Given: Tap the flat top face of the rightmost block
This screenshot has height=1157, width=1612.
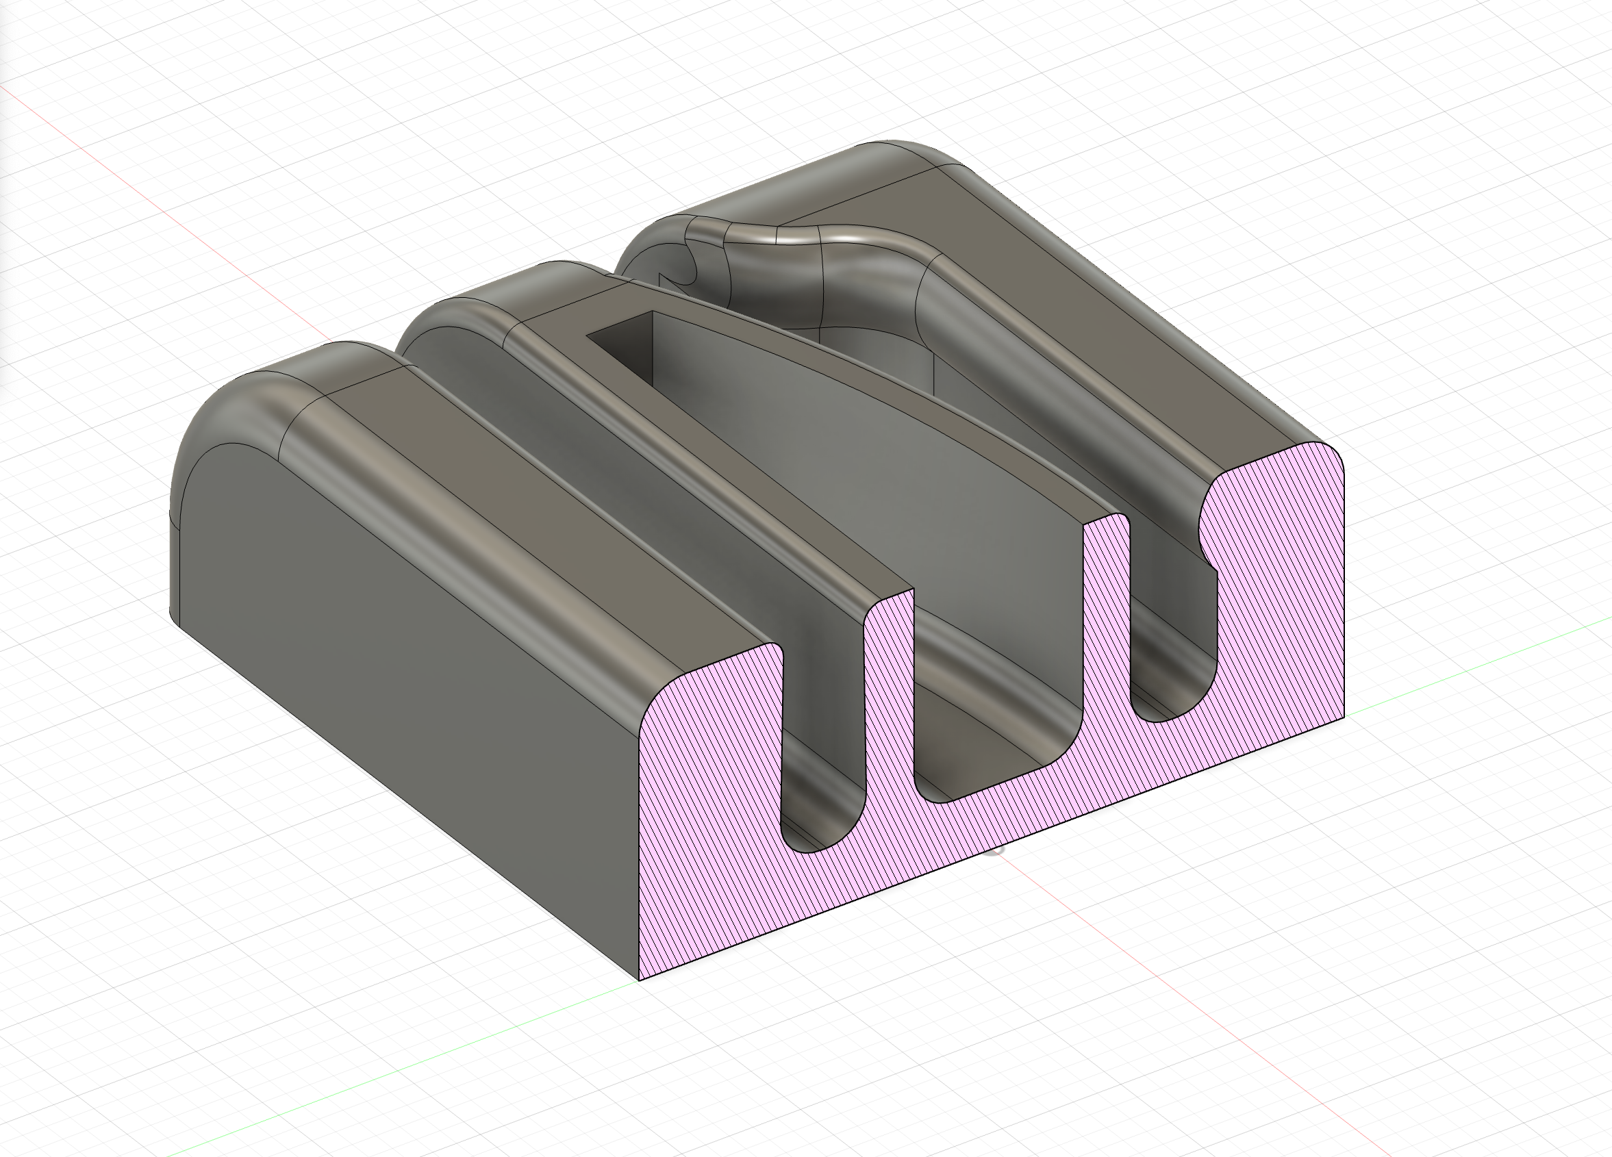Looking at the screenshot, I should click(1066, 298).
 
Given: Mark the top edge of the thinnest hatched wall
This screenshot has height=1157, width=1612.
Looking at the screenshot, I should click(1106, 520).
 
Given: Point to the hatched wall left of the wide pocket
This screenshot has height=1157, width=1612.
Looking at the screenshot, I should click(888, 711).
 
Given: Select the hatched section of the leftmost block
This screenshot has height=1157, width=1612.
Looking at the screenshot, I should click(711, 817).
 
